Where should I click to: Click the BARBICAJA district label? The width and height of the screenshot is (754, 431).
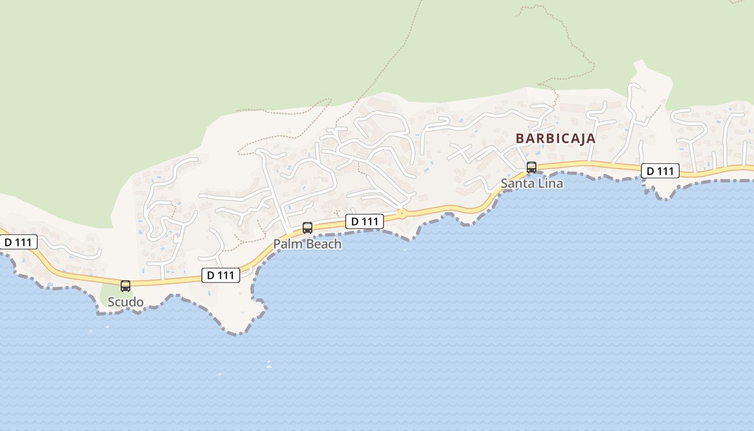(x=555, y=138)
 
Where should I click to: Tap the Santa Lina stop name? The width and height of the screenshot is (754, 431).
(x=532, y=184)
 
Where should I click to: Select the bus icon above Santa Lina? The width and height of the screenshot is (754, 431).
(x=532, y=167)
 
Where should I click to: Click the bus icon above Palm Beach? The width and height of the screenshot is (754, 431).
(x=308, y=227)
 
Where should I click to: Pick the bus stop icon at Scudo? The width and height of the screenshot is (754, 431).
(x=125, y=286)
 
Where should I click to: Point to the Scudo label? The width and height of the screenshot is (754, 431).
(x=125, y=302)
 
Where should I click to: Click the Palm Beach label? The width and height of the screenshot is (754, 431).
(x=307, y=244)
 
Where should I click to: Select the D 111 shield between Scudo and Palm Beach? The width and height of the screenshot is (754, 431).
(x=221, y=275)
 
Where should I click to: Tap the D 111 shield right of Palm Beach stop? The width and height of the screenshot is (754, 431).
(x=365, y=221)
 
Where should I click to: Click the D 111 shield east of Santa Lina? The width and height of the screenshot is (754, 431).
(x=660, y=171)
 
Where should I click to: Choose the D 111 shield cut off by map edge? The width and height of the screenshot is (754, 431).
(x=18, y=242)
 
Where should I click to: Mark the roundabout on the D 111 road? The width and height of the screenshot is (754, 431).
(x=401, y=214)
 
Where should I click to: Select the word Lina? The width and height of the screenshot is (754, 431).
(x=550, y=184)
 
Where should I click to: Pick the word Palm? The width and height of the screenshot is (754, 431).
(x=286, y=244)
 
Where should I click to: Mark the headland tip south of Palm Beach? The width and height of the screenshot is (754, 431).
(x=237, y=330)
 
